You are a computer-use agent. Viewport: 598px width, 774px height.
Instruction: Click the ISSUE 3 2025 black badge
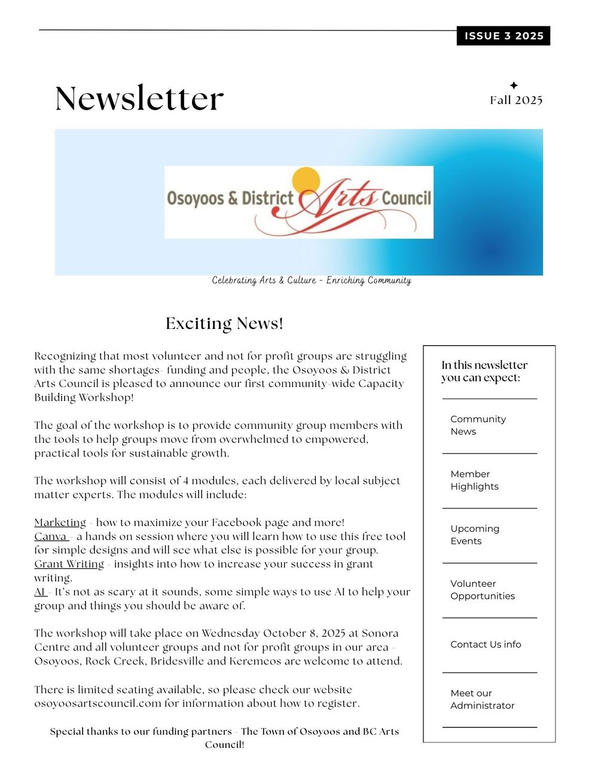[504, 36]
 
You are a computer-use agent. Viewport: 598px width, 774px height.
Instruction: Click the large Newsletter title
[139, 99]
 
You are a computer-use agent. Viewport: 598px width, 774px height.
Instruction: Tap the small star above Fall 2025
[514, 86]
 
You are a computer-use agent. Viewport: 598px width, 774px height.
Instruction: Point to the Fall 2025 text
[516, 100]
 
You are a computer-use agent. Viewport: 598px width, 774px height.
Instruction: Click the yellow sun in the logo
[306, 181]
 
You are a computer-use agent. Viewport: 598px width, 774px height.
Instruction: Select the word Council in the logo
[406, 198]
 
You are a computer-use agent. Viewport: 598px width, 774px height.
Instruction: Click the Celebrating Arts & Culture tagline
[311, 281]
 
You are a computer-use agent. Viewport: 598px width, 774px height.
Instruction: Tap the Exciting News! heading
[224, 324]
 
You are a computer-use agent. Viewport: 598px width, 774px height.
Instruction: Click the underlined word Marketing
[60, 523]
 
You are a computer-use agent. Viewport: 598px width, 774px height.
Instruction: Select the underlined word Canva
[50, 537]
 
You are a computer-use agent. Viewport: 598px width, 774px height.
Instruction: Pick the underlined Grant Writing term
[69, 564]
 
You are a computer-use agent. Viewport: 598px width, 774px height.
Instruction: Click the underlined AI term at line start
[39, 592]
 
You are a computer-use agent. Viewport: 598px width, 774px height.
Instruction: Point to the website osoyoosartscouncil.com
[97, 703]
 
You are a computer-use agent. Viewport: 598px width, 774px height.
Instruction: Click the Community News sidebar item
[478, 425]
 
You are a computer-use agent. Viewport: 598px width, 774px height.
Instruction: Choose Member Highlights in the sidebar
[474, 480]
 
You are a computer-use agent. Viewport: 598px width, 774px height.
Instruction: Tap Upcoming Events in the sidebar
[474, 535]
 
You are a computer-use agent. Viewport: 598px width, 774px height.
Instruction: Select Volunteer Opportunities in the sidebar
[482, 590]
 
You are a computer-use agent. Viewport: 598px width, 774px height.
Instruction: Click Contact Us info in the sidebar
[486, 645]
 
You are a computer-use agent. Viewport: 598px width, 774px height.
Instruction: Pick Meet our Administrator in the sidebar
[482, 699]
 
